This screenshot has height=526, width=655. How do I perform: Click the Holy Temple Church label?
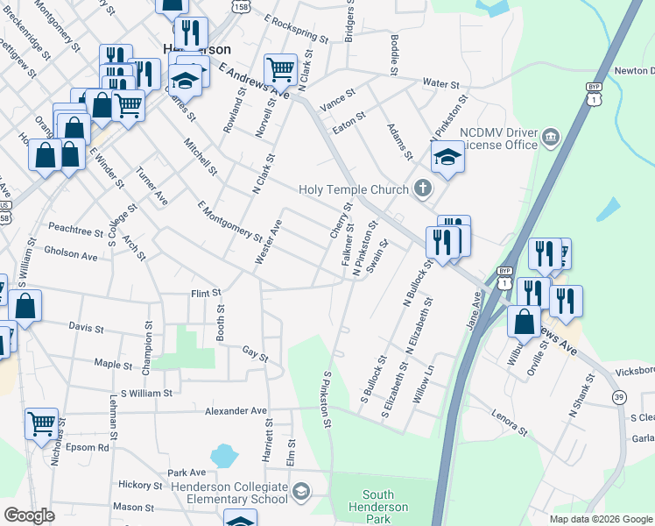pyautogui.click(x=353, y=189)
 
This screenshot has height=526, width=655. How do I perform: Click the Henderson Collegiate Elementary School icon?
pyautogui.click(x=301, y=489)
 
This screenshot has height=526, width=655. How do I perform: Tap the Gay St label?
pyautogui.click(x=255, y=353)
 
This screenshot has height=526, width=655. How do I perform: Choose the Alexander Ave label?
pyautogui.click(x=236, y=410)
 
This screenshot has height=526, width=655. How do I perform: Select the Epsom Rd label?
pyautogui.click(x=91, y=446)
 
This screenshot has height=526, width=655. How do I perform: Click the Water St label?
pyautogui.click(x=441, y=83)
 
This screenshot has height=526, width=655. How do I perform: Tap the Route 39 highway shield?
pyautogui.click(x=619, y=397)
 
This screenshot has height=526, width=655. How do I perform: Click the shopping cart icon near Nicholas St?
pyautogui.click(x=41, y=423)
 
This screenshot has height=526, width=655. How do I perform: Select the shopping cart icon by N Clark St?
pyautogui.click(x=280, y=68)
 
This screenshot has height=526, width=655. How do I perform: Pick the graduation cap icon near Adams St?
pyautogui.click(x=447, y=157)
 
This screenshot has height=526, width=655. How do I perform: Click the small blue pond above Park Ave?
pyautogui.click(x=223, y=455)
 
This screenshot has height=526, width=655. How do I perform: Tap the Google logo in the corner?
pyautogui.click(x=30, y=515)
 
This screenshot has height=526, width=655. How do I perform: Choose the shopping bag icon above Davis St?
pyautogui.click(x=25, y=306)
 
